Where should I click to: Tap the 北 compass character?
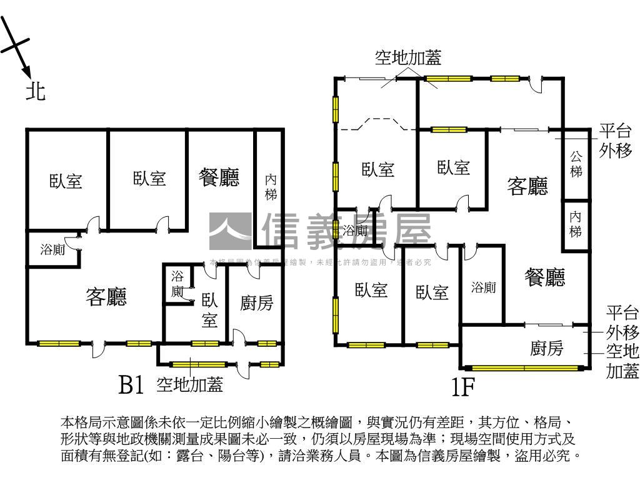(x=35, y=91)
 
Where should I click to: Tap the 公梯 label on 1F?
(x=576, y=164)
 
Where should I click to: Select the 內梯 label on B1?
(x=271, y=187)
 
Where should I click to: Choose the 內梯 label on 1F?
(x=576, y=224)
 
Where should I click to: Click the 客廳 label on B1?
(x=106, y=297)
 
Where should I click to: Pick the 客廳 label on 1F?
(x=528, y=186)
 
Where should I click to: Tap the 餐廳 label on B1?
(x=219, y=177)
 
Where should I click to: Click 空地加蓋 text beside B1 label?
(x=189, y=384)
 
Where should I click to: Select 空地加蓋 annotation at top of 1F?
(x=408, y=58)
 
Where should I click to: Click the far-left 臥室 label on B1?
(x=66, y=181)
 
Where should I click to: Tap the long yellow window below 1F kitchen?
(x=524, y=367)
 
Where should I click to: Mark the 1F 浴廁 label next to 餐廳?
(x=483, y=287)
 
